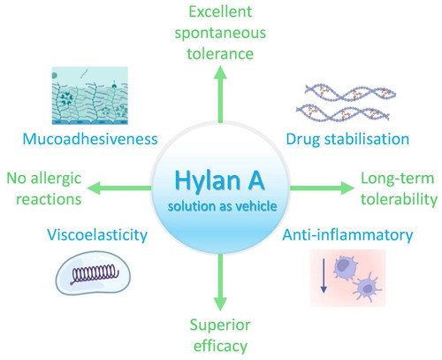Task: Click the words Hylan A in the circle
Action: pyautogui.click(x=219, y=180)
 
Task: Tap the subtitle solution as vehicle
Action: pyautogui.click(x=222, y=206)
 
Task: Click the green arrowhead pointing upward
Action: pyautogui.click(x=220, y=73)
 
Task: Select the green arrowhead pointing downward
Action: pyautogui.click(x=220, y=303)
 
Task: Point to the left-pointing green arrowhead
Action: pyautogui.click(x=94, y=188)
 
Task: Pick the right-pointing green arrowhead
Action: pyautogui.click(x=347, y=188)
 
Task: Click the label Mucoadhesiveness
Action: pyautogui.click(x=90, y=139)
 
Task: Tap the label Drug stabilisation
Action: pyautogui.click(x=347, y=139)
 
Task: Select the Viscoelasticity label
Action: pyautogui.click(x=97, y=235)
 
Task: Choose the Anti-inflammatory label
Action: pyautogui.click(x=347, y=235)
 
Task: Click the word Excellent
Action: pyautogui.click(x=220, y=11)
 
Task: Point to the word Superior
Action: pyautogui.click(x=220, y=326)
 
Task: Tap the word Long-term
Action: pyautogui.click(x=398, y=179)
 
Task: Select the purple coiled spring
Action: pyautogui.click(x=95, y=273)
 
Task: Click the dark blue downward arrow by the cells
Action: pyautogui.click(x=324, y=275)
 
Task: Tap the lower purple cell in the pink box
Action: pyautogui.click(x=367, y=287)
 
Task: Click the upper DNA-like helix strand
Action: pyautogui.click(x=350, y=92)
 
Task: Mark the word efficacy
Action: pyautogui.click(x=220, y=346)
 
